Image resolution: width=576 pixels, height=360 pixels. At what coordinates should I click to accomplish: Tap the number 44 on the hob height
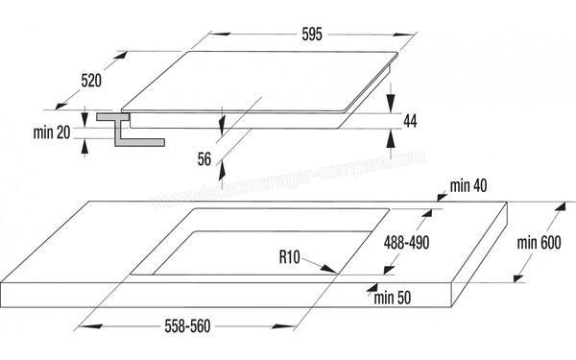click(x=410, y=120)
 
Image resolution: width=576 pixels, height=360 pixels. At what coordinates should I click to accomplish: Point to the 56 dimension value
click(x=204, y=160)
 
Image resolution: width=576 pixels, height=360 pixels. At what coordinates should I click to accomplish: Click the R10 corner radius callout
click(x=290, y=257)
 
